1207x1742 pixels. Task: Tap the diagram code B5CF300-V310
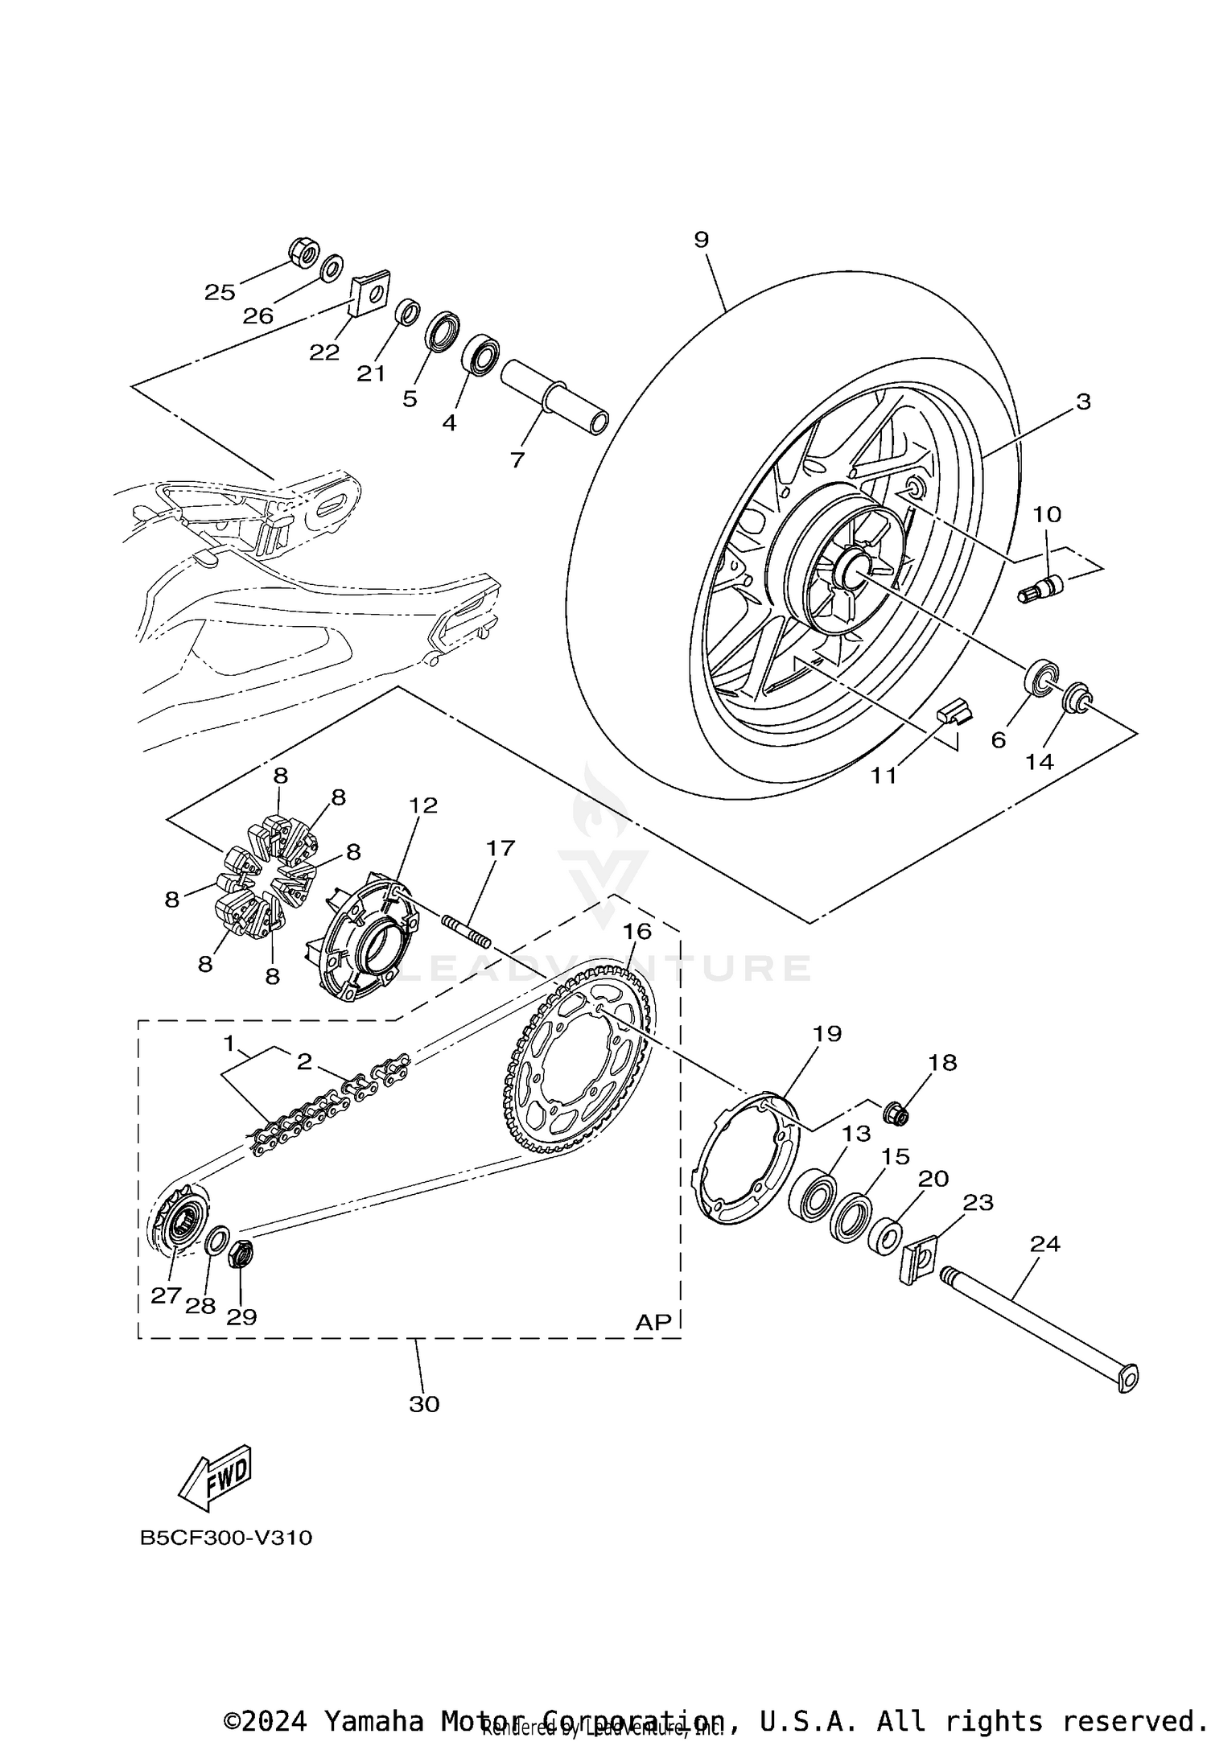[x=226, y=1538]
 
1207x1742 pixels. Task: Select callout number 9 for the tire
[x=701, y=240]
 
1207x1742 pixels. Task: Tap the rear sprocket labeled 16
[x=582, y=1063]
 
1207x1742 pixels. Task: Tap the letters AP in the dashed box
[x=653, y=1322]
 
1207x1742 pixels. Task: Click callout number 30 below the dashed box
[x=424, y=1404]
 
